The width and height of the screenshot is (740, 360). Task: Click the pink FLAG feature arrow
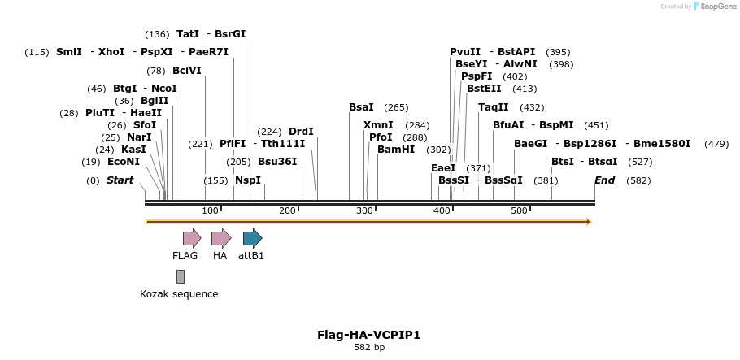[191, 238]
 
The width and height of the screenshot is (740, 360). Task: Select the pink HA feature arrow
[220, 238]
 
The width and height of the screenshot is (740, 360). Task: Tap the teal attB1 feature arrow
[252, 238]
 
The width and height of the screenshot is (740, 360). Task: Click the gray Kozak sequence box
[180, 276]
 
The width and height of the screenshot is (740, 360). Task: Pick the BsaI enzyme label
[361, 107]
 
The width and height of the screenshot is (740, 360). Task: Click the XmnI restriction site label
[378, 125]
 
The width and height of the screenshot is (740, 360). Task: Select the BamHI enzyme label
[396, 150]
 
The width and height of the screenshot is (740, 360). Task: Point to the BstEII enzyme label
[484, 89]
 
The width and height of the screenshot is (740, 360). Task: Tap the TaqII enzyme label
[494, 107]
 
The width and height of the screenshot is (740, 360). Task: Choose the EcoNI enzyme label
[124, 162]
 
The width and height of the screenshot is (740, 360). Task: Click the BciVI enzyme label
[187, 70]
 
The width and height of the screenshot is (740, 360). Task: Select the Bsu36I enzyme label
[277, 162]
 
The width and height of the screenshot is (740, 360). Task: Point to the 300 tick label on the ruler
[363, 211]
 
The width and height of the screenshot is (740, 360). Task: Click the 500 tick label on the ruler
[518, 211]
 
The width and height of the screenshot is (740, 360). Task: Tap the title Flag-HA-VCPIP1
[368, 335]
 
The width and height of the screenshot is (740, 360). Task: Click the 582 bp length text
[368, 348]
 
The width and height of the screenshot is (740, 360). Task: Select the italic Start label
[120, 180]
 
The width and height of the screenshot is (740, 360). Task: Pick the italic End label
[604, 180]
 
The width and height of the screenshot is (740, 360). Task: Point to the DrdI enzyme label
[301, 132]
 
